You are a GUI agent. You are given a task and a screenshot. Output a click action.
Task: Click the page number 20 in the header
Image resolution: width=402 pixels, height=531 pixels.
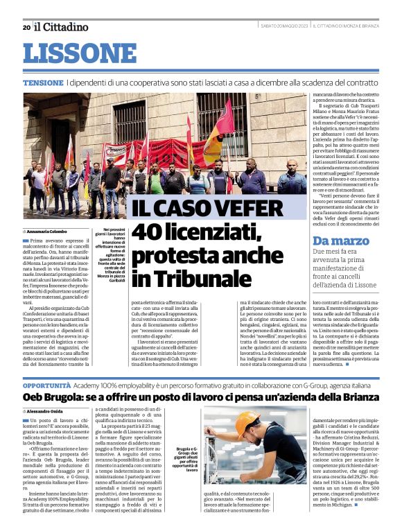(x=26, y=27)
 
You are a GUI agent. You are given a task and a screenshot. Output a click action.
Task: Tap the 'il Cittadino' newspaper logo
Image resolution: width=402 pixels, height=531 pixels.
(x=62, y=27)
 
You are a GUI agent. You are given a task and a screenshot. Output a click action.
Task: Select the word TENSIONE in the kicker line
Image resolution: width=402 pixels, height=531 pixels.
(x=42, y=82)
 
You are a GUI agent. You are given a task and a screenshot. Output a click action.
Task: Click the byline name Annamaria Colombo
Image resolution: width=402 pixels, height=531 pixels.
(x=51, y=231)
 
